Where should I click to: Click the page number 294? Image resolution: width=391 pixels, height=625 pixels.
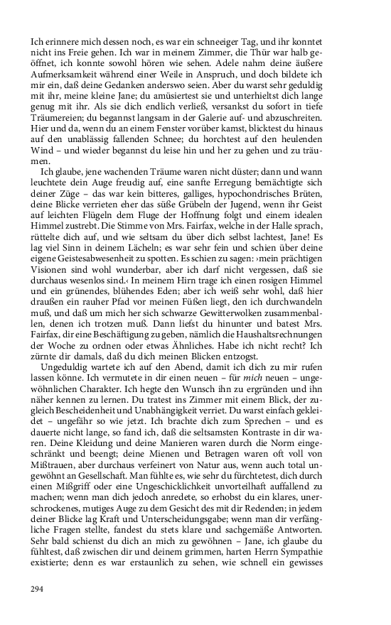click(x=39, y=587)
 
